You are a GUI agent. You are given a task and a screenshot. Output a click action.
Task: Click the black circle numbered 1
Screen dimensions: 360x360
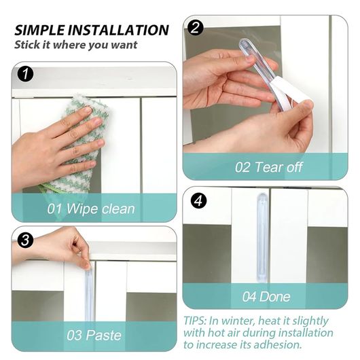click(x=26, y=75)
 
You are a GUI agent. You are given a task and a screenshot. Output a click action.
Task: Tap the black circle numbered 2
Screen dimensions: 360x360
click(x=196, y=28)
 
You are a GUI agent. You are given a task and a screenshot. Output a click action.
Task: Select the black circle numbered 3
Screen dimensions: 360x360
click(x=25, y=240)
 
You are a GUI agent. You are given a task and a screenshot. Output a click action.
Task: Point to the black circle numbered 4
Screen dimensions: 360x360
click(x=198, y=201)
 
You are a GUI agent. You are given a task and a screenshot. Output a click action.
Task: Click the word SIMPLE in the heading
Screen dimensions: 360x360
click(x=39, y=30)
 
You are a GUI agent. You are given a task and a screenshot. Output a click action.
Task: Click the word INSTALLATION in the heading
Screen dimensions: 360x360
click(x=118, y=30)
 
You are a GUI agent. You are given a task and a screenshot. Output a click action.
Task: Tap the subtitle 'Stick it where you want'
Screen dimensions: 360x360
click(x=76, y=45)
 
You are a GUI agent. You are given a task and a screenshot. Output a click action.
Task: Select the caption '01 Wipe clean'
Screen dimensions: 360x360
click(x=91, y=209)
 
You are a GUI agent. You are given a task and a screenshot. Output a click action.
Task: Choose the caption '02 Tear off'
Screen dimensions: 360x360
click(x=268, y=167)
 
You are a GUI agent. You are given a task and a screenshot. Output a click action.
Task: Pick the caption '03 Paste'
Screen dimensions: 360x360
click(x=94, y=335)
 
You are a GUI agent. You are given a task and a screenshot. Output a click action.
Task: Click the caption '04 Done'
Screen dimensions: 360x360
click(x=266, y=296)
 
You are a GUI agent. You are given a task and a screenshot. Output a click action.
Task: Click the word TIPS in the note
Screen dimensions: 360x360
click(x=195, y=321)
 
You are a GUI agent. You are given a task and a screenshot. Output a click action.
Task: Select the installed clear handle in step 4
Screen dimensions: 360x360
click(x=262, y=238)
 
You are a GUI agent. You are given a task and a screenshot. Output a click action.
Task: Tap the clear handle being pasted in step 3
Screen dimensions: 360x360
click(x=89, y=296)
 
